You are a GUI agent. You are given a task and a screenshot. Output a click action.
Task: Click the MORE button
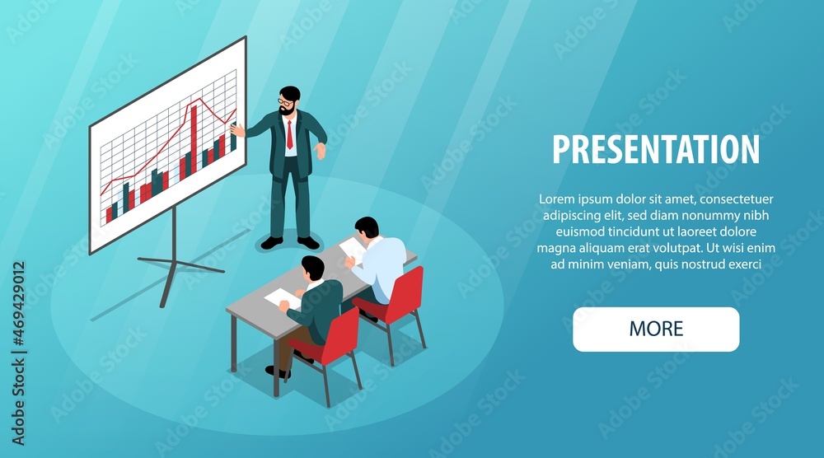coord(656,329)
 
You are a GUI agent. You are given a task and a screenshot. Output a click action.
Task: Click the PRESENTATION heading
coord(656,149)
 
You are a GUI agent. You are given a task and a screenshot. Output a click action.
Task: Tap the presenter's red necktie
coord(289,135)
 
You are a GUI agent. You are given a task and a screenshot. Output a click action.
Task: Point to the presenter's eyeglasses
coord(285,101)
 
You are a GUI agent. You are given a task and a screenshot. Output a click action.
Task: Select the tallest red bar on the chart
coord(194,139)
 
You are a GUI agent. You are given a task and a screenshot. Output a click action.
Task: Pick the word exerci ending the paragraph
coord(743,264)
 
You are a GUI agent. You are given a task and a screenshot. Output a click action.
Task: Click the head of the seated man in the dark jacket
coord(313,268)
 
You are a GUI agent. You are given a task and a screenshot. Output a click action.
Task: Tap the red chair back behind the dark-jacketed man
coord(341,336)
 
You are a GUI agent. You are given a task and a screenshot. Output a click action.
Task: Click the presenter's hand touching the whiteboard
coord(237,129)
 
